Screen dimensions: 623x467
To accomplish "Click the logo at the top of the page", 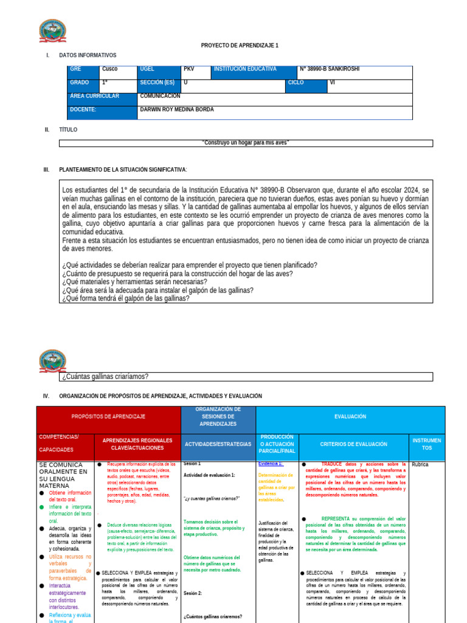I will coord(52,32).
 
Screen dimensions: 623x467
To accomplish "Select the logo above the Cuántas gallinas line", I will coord(52,361).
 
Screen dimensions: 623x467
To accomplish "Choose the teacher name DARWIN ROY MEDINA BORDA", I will coord(177,110).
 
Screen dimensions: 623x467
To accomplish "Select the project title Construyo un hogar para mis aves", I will coord(246,143).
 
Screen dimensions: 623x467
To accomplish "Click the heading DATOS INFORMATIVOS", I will coord(88,55).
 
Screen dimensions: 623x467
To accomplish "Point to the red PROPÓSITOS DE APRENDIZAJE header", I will coord(108,417).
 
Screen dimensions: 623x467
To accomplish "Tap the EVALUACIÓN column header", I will coord(350,417).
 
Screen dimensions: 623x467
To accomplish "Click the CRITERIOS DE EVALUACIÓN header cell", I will coord(354,445).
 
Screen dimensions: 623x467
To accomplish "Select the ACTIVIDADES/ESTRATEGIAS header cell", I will coord(218,445).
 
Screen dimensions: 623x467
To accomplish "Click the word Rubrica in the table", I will coord(420,465).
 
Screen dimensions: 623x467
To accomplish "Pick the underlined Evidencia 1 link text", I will coord(271,464).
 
